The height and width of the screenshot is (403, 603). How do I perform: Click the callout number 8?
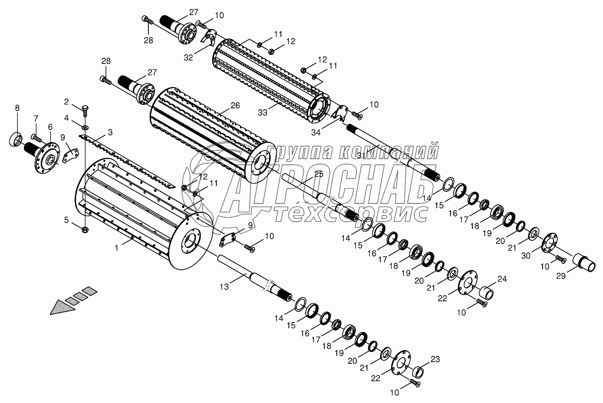pos(17,108)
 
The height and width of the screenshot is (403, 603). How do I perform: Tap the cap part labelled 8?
pos(16,139)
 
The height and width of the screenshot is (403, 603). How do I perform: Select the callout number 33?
pos(263,112)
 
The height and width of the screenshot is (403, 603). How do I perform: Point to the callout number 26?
pos(235,106)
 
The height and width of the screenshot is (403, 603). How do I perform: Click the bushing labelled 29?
pos(583,263)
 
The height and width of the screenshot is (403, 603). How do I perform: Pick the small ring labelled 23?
pos(418,372)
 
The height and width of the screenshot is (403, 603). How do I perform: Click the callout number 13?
pos(224,287)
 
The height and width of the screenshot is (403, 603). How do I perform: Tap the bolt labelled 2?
pos(84,110)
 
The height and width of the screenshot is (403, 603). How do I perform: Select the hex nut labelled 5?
pos(85,230)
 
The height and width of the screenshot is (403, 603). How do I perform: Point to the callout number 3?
pos(110,132)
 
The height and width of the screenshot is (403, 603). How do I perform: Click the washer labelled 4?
pos(85,127)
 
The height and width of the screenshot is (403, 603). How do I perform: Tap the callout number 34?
pos(316,132)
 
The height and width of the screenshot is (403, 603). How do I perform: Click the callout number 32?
pos(188,58)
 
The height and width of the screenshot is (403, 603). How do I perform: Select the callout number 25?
pos(319,174)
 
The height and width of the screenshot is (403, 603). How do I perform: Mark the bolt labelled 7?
pos(37,138)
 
